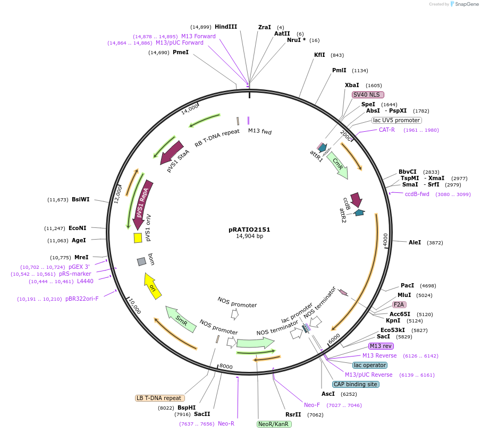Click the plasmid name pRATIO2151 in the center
[x=249, y=230]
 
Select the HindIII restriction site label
[x=226, y=27]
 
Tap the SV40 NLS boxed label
[x=367, y=95]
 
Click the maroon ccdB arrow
[x=356, y=200]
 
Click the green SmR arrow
[x=181, y=319]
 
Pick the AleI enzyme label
[x=415, y=242]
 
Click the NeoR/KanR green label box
[x=274, y=424]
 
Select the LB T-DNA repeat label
[x=160, y=398]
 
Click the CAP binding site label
[x=356, y=384]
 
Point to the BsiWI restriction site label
[x=81, y=200]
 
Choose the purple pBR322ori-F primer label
[x=82, y=299]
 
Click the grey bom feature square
[x=141, y=261]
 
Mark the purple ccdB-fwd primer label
[x=417, y=194]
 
